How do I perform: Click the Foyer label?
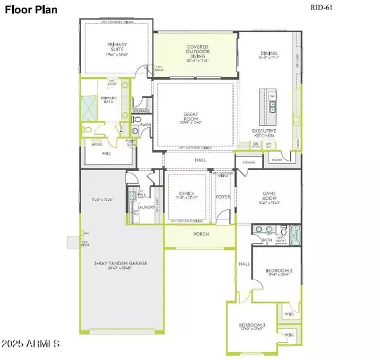[x=223, y=196]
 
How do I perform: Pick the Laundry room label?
[x=148, y=207]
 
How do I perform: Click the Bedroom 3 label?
[x=250, y=326]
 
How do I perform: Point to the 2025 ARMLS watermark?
[x=32, y=344]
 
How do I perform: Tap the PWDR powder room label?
[x=145, y=125]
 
